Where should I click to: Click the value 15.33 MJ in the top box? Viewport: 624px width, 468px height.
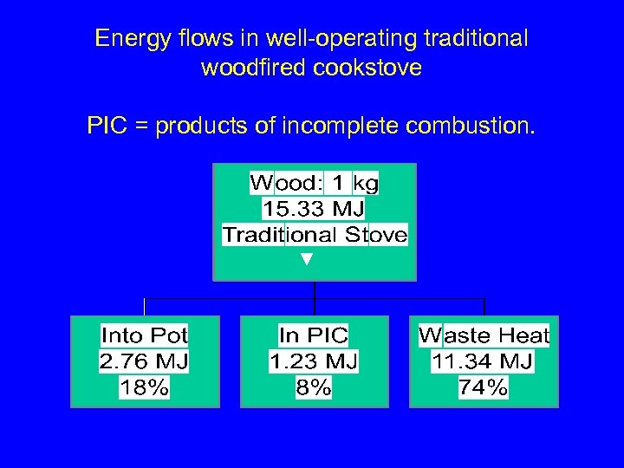[314, 209]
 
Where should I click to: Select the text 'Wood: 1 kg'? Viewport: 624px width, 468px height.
[314, 183]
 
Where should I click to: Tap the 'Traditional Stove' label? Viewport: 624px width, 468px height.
[315, 235]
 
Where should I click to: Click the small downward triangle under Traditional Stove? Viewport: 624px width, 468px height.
[304, 259]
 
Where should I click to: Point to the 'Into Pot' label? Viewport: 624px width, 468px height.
[145, 335]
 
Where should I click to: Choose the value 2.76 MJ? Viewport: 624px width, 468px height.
[145, 361]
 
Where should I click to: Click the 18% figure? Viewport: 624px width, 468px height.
[145, 387]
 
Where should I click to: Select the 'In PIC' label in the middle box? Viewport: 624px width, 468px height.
[314, 335]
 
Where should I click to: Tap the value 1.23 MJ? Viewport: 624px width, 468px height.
[314, 361]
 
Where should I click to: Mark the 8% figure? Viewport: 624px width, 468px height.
[314, 387]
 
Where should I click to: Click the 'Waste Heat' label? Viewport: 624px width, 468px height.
[484, 335]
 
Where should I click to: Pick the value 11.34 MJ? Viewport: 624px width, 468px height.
[484, 361]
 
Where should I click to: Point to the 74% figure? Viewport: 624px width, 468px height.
[484, 387]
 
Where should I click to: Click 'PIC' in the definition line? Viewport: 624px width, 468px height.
[106, 127]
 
